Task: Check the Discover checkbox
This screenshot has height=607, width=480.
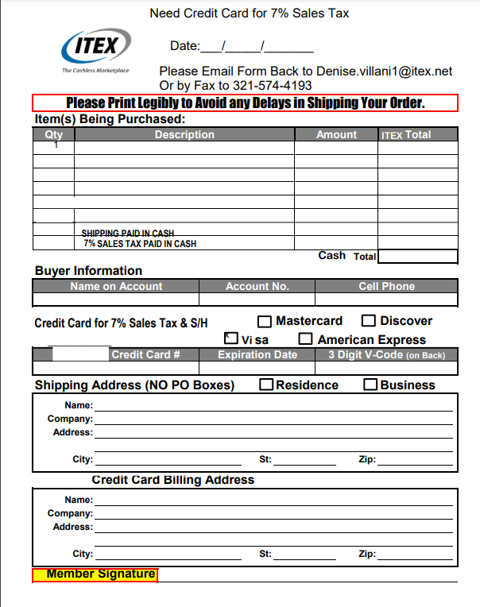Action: click(x=369, y=321)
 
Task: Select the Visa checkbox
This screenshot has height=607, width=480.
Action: click(x=231, y=339)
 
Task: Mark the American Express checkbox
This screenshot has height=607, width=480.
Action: click(x=306, y=339)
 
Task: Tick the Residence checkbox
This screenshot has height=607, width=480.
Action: click(x=267, y=385)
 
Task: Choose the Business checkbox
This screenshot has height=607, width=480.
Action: click(x=370, y=385)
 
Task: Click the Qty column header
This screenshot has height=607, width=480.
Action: click(x=53, y=135)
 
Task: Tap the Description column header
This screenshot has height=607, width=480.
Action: click(x=184, y=135)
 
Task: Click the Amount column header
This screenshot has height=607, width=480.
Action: click(x=336, y=135)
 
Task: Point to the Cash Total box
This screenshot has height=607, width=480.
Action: click(x=417, y=257)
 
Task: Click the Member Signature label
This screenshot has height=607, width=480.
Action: click(x=95, y=574)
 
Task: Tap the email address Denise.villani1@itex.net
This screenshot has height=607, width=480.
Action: click(x=384, y=71)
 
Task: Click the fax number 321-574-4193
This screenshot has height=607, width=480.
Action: click(x=272, y=85)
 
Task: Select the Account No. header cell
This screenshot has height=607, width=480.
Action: click(x=257, y=286)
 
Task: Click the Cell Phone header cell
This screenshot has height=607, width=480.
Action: click(x=386, y=286)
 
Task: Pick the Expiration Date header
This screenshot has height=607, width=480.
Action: click(x=257, y=354)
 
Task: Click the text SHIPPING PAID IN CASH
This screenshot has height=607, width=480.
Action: click(x=128, y=234)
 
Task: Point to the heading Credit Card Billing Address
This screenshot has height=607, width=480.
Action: click(x=173, y=480)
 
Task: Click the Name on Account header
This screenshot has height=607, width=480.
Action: click(x=116, y=286)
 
